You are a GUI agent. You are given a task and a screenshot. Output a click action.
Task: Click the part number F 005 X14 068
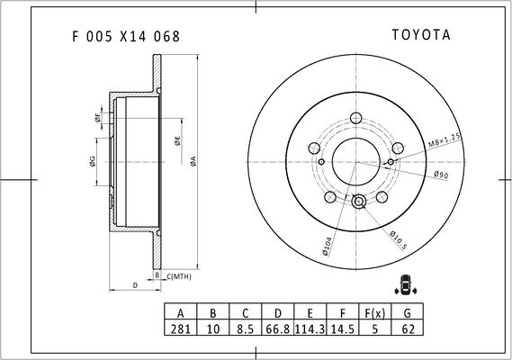126,36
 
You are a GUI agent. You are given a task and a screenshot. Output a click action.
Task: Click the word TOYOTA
421,35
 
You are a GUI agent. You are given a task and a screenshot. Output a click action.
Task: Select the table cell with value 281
181,328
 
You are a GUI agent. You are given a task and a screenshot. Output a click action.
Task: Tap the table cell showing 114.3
310,328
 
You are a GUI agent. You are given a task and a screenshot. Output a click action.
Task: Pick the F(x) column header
375,312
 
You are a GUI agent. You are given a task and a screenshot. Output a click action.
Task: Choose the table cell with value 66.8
277,328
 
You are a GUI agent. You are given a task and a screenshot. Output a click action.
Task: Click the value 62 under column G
408,328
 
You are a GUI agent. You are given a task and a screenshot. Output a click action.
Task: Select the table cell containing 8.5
246,328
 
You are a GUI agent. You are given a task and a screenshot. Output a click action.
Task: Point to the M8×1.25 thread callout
445,140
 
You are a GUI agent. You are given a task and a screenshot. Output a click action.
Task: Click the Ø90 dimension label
441,175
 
